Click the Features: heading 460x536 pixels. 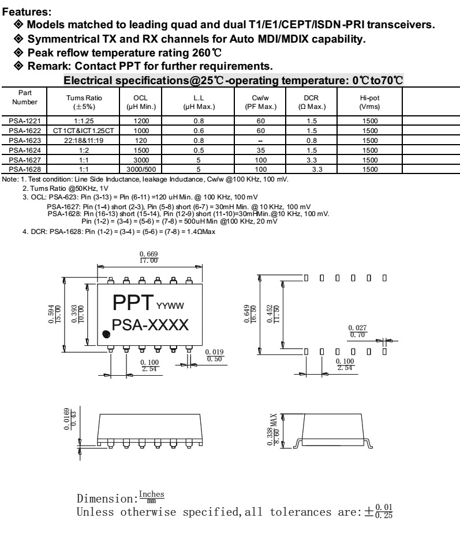(x=27, y=12)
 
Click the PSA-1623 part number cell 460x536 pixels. (x=25, y=141)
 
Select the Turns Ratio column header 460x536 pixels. (x=84, y=102)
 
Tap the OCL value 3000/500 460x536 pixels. (x=141, y=169)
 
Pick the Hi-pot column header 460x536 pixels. (x=369, y=102)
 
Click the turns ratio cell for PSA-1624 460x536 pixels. (x=84, y=150)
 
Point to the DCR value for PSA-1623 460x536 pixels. (x=312, y=141)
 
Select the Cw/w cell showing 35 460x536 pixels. (x=261, y=150)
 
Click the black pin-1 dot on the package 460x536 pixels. (x=106, y=334)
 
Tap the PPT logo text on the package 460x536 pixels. (x=133, y=303)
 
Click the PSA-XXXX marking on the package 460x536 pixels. (x=150, y=324)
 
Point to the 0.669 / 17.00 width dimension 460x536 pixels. (x=148, y=257)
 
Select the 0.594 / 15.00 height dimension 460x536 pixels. (x=55, y=314)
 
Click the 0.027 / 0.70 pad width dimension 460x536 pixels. (x=358, y=331)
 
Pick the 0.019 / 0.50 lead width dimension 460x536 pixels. (x=214, y=356)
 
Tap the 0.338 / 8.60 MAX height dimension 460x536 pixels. (x=273, y=430)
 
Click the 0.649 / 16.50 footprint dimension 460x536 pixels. (x=250, y=314)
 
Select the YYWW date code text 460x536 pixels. (x=170, y=306)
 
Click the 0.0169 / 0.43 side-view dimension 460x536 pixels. (x=70, y=419)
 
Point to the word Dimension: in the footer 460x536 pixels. (x=107, y=499)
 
